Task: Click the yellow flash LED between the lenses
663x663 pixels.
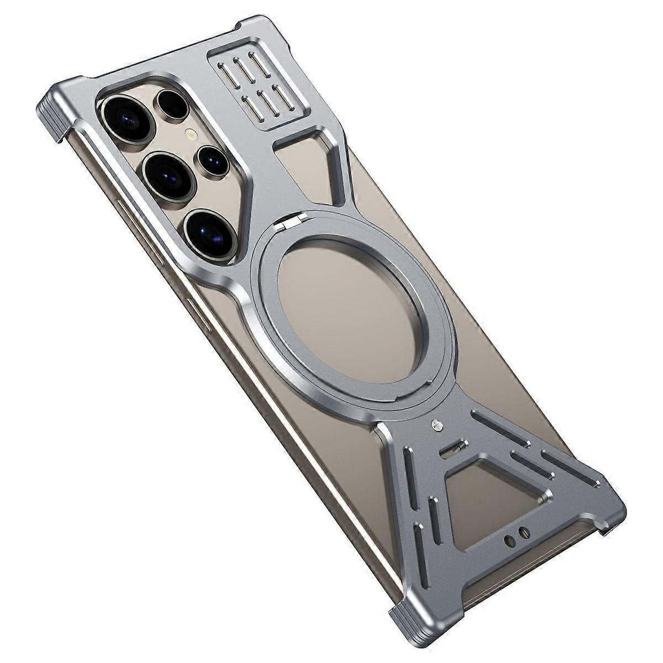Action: [x=191, y=134]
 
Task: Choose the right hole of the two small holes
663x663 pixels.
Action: [x=525, y=532]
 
